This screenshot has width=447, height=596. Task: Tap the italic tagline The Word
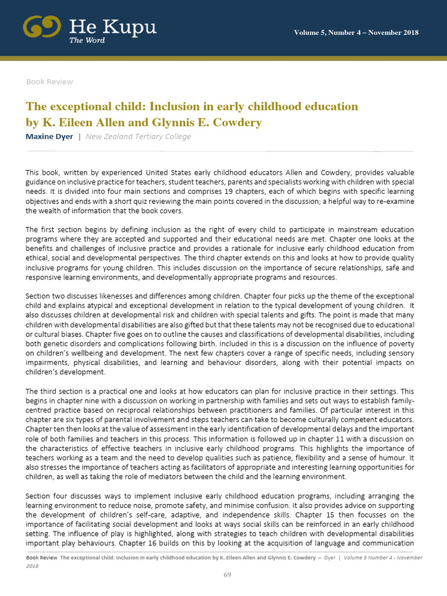tap(84, 40)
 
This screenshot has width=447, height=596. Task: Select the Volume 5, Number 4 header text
tap(356, 32)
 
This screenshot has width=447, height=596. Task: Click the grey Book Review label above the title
tap(49, 81)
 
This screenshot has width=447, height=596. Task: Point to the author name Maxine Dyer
tap(49, 137)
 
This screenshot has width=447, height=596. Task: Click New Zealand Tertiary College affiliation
tap(138, 137)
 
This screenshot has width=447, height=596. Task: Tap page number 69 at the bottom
tap(228, 575)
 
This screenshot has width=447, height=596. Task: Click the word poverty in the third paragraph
tap(401, 343)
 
